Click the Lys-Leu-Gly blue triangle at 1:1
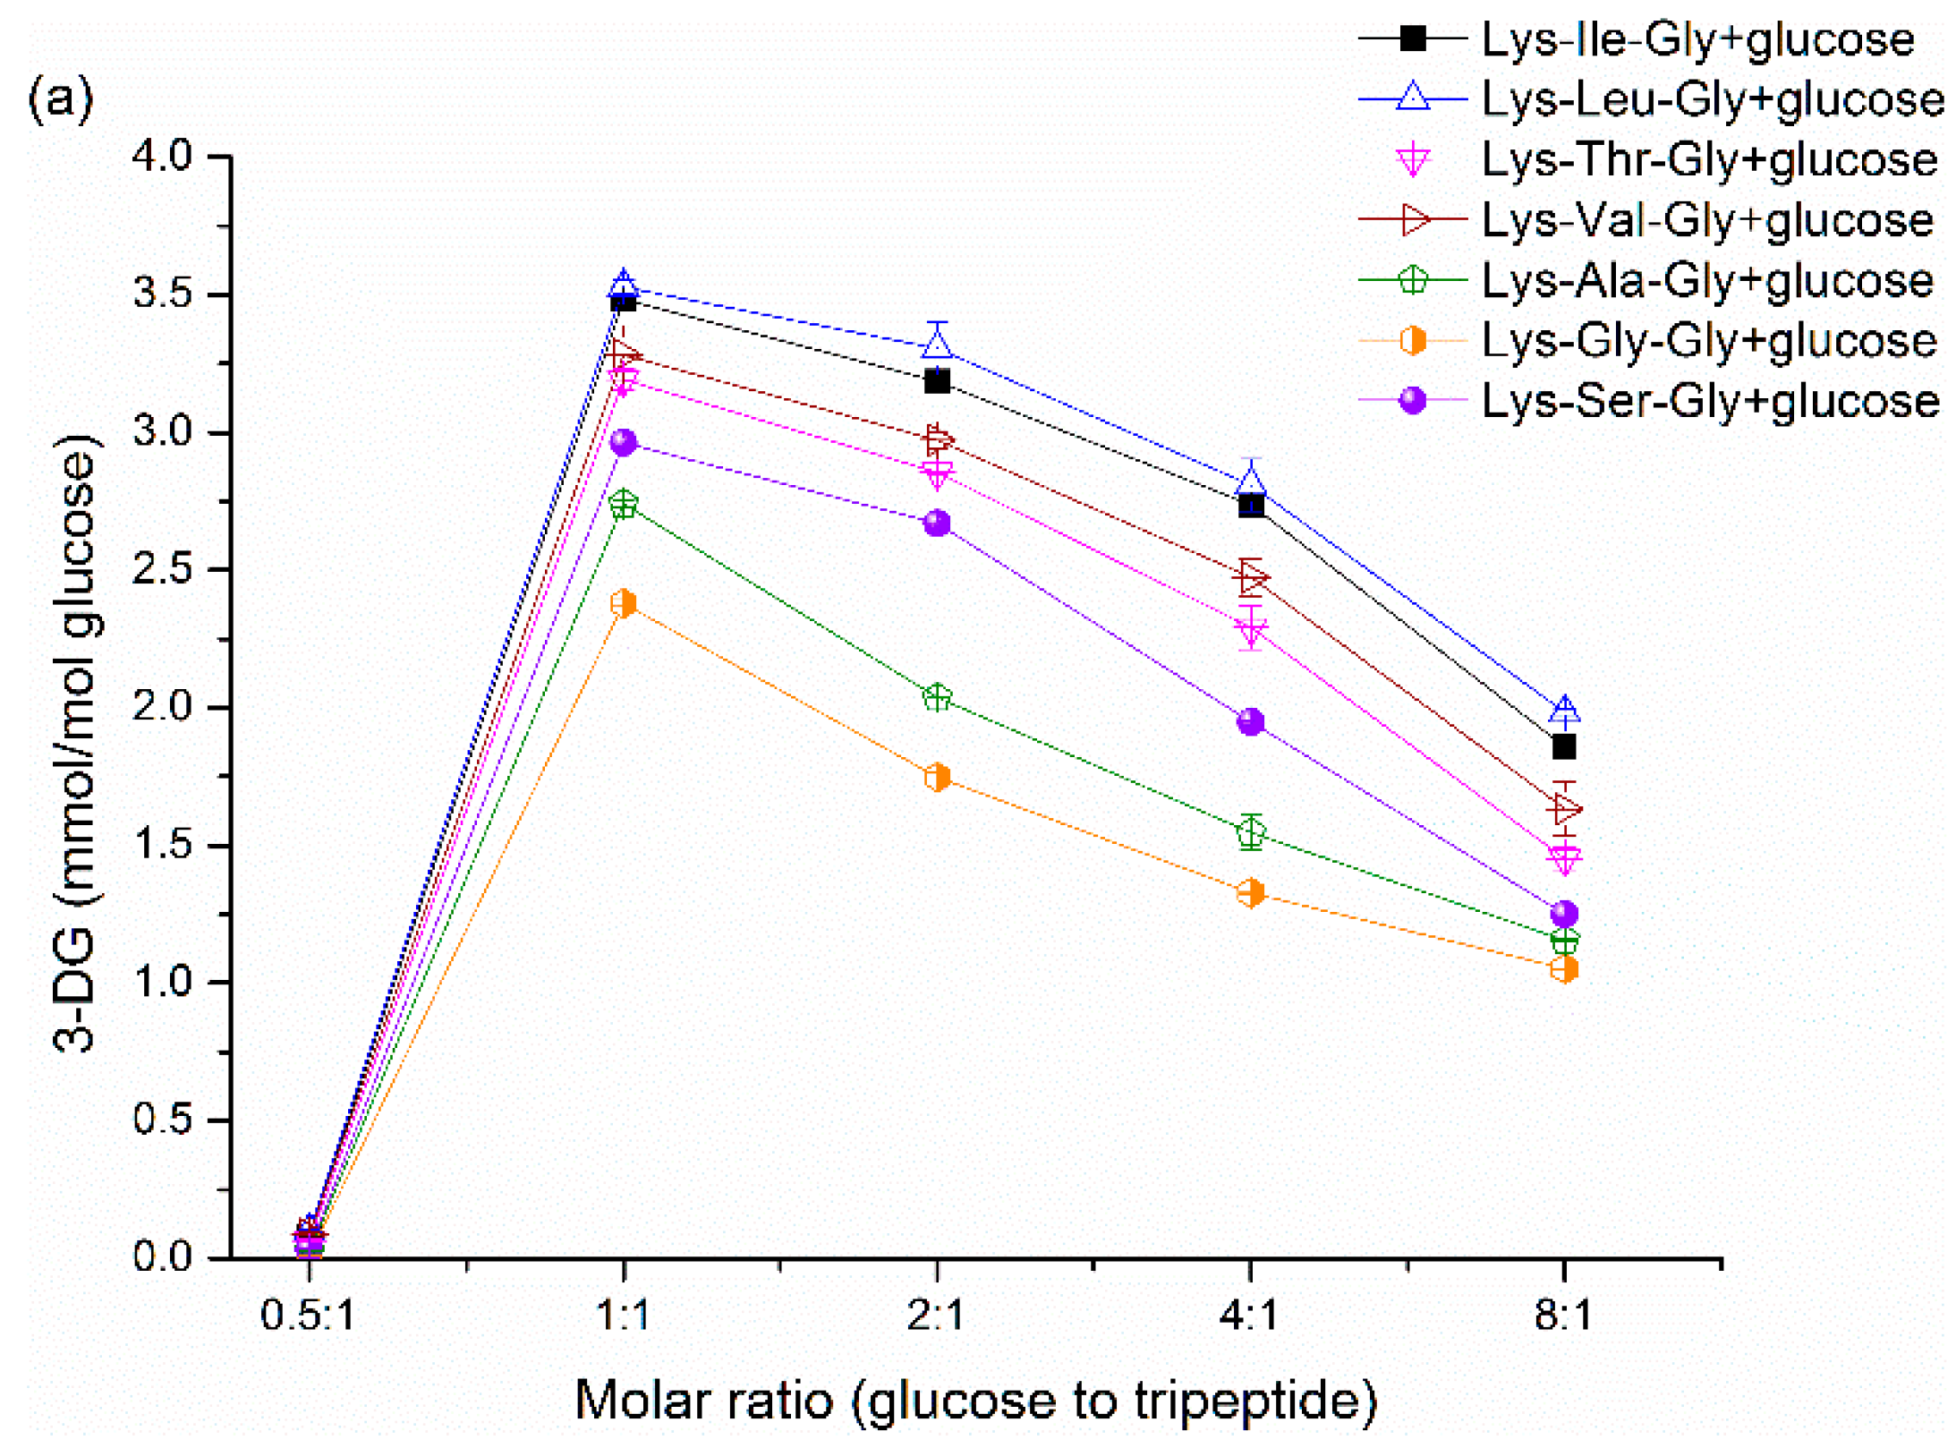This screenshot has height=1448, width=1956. [x=623, y=285]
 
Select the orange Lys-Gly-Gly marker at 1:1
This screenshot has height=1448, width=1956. [x=623, y=603]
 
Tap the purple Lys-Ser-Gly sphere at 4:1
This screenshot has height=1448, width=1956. [x=1250, y=721]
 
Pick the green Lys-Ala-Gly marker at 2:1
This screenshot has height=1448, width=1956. [x=937, y=697]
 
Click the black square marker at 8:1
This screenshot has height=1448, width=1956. [x=1563, y=745]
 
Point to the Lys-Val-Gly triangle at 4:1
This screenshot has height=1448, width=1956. [x=1250, y=577]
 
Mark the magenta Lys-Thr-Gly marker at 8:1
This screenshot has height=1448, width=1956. [x=1563, y=857]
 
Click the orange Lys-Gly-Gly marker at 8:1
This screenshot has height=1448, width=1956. [x=1563, y=968]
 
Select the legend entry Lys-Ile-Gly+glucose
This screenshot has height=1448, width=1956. [x=1697, y=39]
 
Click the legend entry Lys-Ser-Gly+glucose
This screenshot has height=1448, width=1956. [x=1709, y=400]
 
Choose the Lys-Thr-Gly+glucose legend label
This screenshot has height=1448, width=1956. [x=1709, y=159]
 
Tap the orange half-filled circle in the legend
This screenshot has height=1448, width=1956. [x=1412, y=340]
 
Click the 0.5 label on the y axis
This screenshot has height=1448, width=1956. [x=163, y=1119]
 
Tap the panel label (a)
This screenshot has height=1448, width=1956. [x=60, y=98]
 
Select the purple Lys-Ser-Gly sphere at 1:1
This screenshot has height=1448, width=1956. [x=623, y=442]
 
